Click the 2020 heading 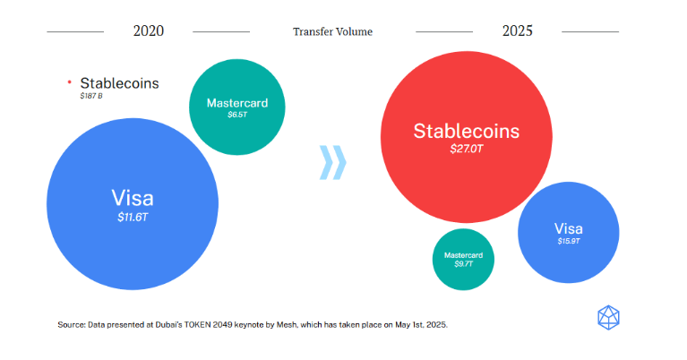pos(149,31)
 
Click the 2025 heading pos(518,31)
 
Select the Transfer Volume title pos(332,31)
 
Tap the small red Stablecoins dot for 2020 pos(69,81)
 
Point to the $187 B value pos(91,96)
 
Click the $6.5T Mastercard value pos(237,115)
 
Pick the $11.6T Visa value pos(133,218)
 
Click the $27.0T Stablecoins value pos(466,149)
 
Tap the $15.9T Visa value pos(568,241)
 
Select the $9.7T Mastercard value pos(463,264)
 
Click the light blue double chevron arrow pos(332,162)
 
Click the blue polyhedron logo pos(608,318)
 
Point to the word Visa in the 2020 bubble pos(133,198)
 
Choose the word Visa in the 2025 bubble pos(568,228)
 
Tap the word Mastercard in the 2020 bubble pos(237,103)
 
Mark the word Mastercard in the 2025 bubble pos(463,255)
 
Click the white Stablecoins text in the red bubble pos(466,131)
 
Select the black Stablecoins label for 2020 pos(119,83)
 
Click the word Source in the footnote pos(72,324)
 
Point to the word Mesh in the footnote pos(288,324)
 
